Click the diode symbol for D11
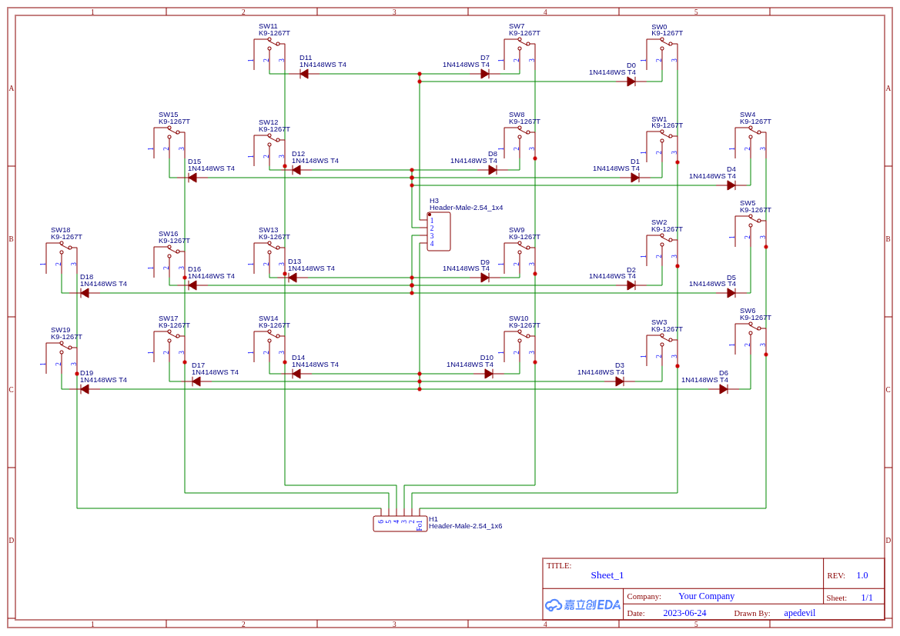[304, 74]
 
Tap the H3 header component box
[439, 231]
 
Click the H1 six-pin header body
[400, 524]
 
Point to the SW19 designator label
[60, 330]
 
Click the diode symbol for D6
[724, 389]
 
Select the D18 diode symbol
[85, 293]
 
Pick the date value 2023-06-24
[684, 613]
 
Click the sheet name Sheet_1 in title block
[607, 575]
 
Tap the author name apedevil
[799, 613]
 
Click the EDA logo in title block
[582, 604]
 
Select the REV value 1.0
[862, 575]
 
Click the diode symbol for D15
[192, 178]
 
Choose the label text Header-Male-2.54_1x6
[465, 526]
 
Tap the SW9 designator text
[517, 230]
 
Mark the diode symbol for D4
[731, 185]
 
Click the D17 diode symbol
[196, 381]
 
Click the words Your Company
[706, 596]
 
